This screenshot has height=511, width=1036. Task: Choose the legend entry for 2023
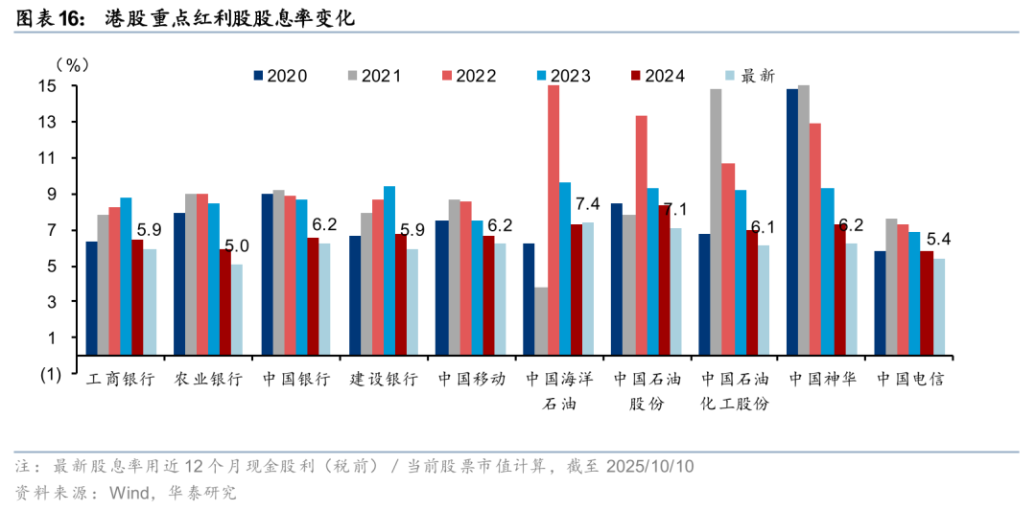click(x=563, y=76)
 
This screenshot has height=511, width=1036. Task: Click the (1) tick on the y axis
click(x=50, y=375)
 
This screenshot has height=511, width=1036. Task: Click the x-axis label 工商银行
click(x=120, y=379)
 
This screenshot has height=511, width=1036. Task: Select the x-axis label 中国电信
click(x=909, y=379)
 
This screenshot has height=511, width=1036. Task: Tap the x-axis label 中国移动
click(x=471, y=379)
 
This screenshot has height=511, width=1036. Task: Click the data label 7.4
click(x=586, y=203)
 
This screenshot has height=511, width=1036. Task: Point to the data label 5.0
click(x=237, y=245)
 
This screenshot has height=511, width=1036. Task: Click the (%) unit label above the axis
click(x=72, y=64)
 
